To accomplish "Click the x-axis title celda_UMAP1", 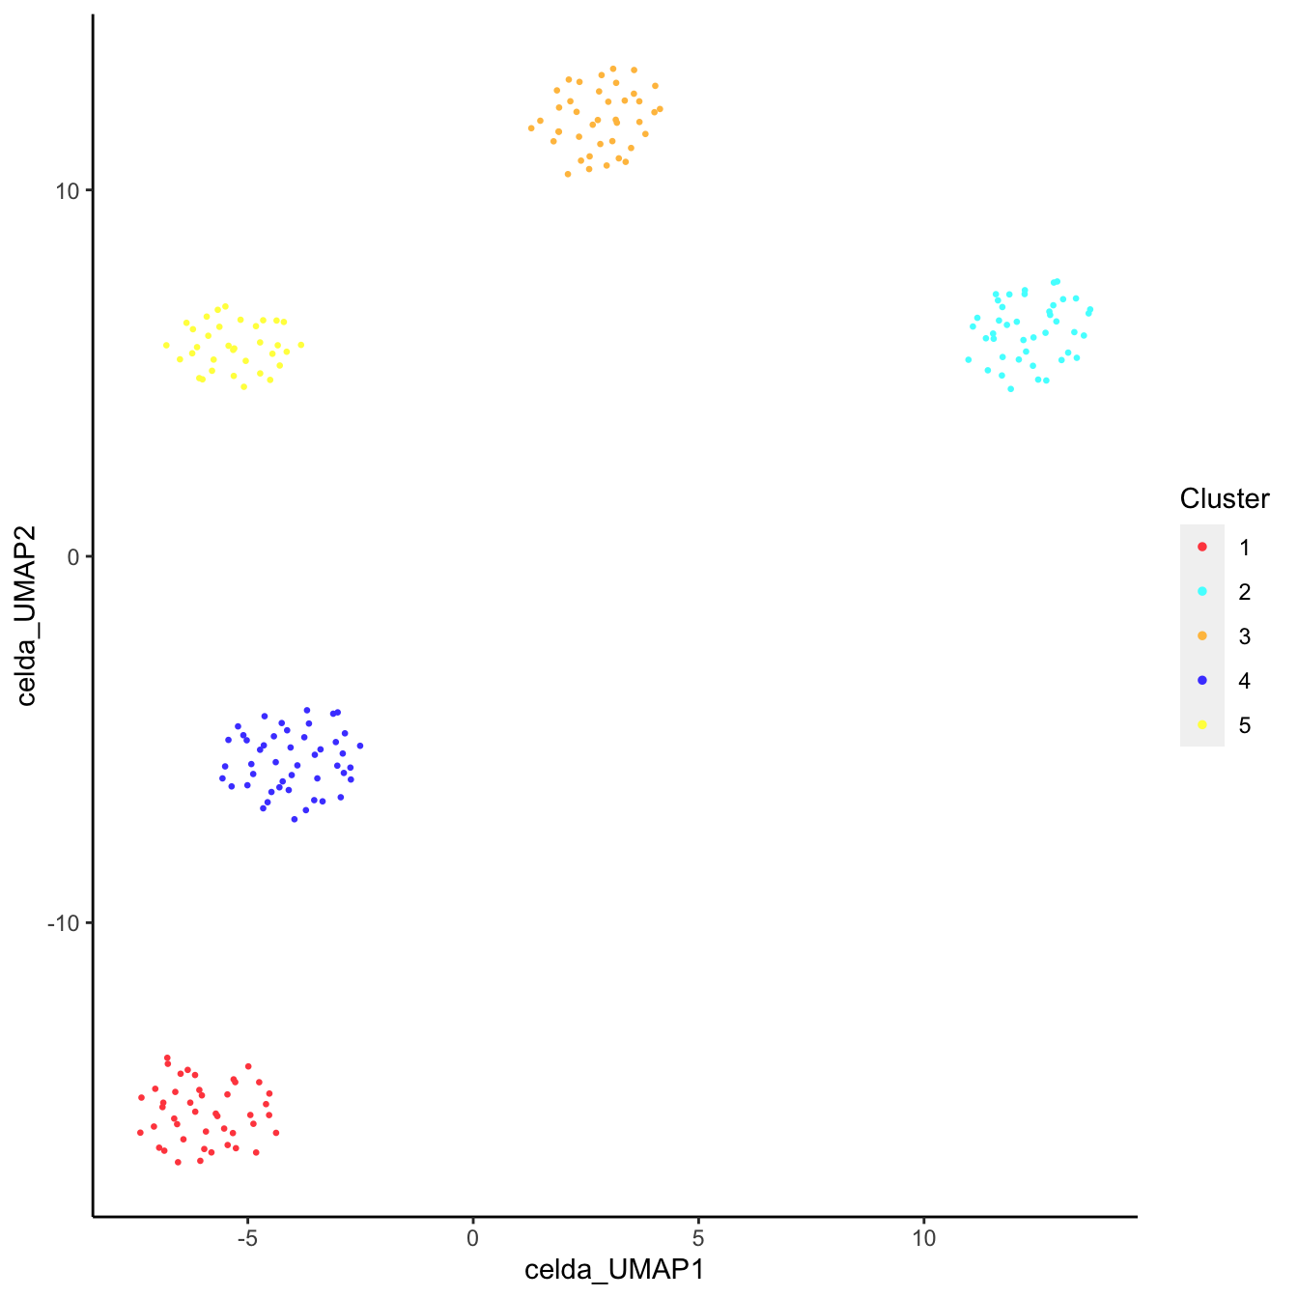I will (x=614, y=1269).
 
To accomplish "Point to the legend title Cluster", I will (x=1224, y=498).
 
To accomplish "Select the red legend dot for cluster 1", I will (x=1202, y=548).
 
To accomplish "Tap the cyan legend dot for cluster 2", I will (x=1202, y=592).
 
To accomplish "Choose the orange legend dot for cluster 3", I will (x=1202, y=636).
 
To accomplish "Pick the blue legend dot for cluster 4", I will (x=1202, y=681).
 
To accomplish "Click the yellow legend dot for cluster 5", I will (x=1202, y=725).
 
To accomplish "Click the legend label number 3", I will (x=1244, y=636).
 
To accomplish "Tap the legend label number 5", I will (x=1244, y=725).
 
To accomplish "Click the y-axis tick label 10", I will (x=68, y=190).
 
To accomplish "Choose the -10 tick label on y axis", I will (x=64, y=922).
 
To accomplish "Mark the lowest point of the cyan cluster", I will (x=1011, y=389).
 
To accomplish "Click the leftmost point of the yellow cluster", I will (x=166, y=345).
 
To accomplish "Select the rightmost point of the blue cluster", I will (x=360, y=746).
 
